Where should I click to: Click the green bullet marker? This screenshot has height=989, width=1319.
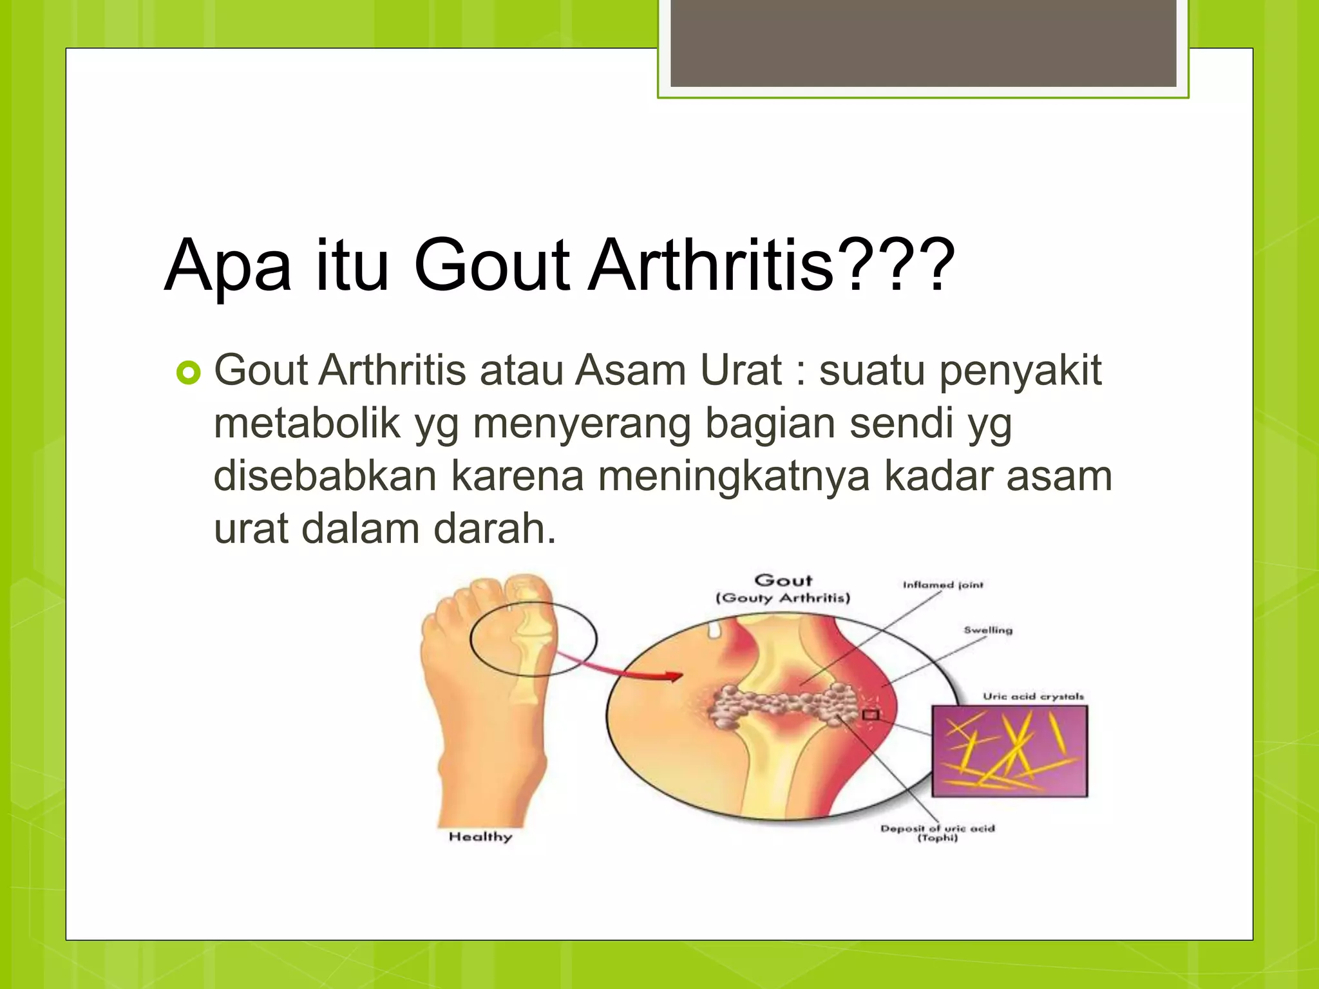point(188,373)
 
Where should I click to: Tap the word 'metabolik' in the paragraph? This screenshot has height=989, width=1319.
point(307,424)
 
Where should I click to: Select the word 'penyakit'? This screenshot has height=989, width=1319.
point(1024,371)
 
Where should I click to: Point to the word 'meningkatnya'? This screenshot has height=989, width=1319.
point(734,476)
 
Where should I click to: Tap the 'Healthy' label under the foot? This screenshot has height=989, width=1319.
point(480,836)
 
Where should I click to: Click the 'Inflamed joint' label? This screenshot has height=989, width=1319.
point(943,585)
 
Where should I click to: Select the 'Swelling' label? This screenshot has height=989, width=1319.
point(988,630)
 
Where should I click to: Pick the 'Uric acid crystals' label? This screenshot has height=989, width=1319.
point(1033,696)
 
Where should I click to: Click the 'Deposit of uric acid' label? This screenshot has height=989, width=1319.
point(937,829)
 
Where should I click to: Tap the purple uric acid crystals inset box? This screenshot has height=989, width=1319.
point(1009,751)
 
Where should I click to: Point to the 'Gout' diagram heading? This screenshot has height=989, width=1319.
point(783,580)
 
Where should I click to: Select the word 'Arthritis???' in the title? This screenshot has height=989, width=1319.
point(771,265)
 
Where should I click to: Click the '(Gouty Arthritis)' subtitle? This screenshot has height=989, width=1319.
point(783,598)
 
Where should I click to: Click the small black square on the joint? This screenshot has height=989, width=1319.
point(871,715)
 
